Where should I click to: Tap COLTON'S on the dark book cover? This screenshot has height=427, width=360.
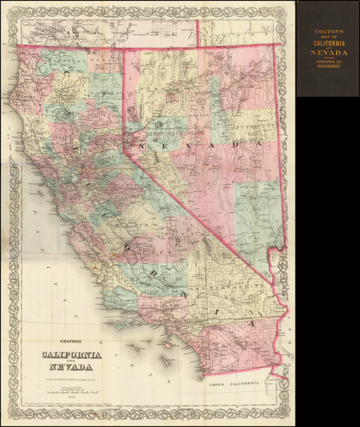coord(327,31)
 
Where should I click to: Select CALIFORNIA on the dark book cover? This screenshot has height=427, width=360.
coord(327,44)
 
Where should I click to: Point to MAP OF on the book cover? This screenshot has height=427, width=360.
coord(327,36)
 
